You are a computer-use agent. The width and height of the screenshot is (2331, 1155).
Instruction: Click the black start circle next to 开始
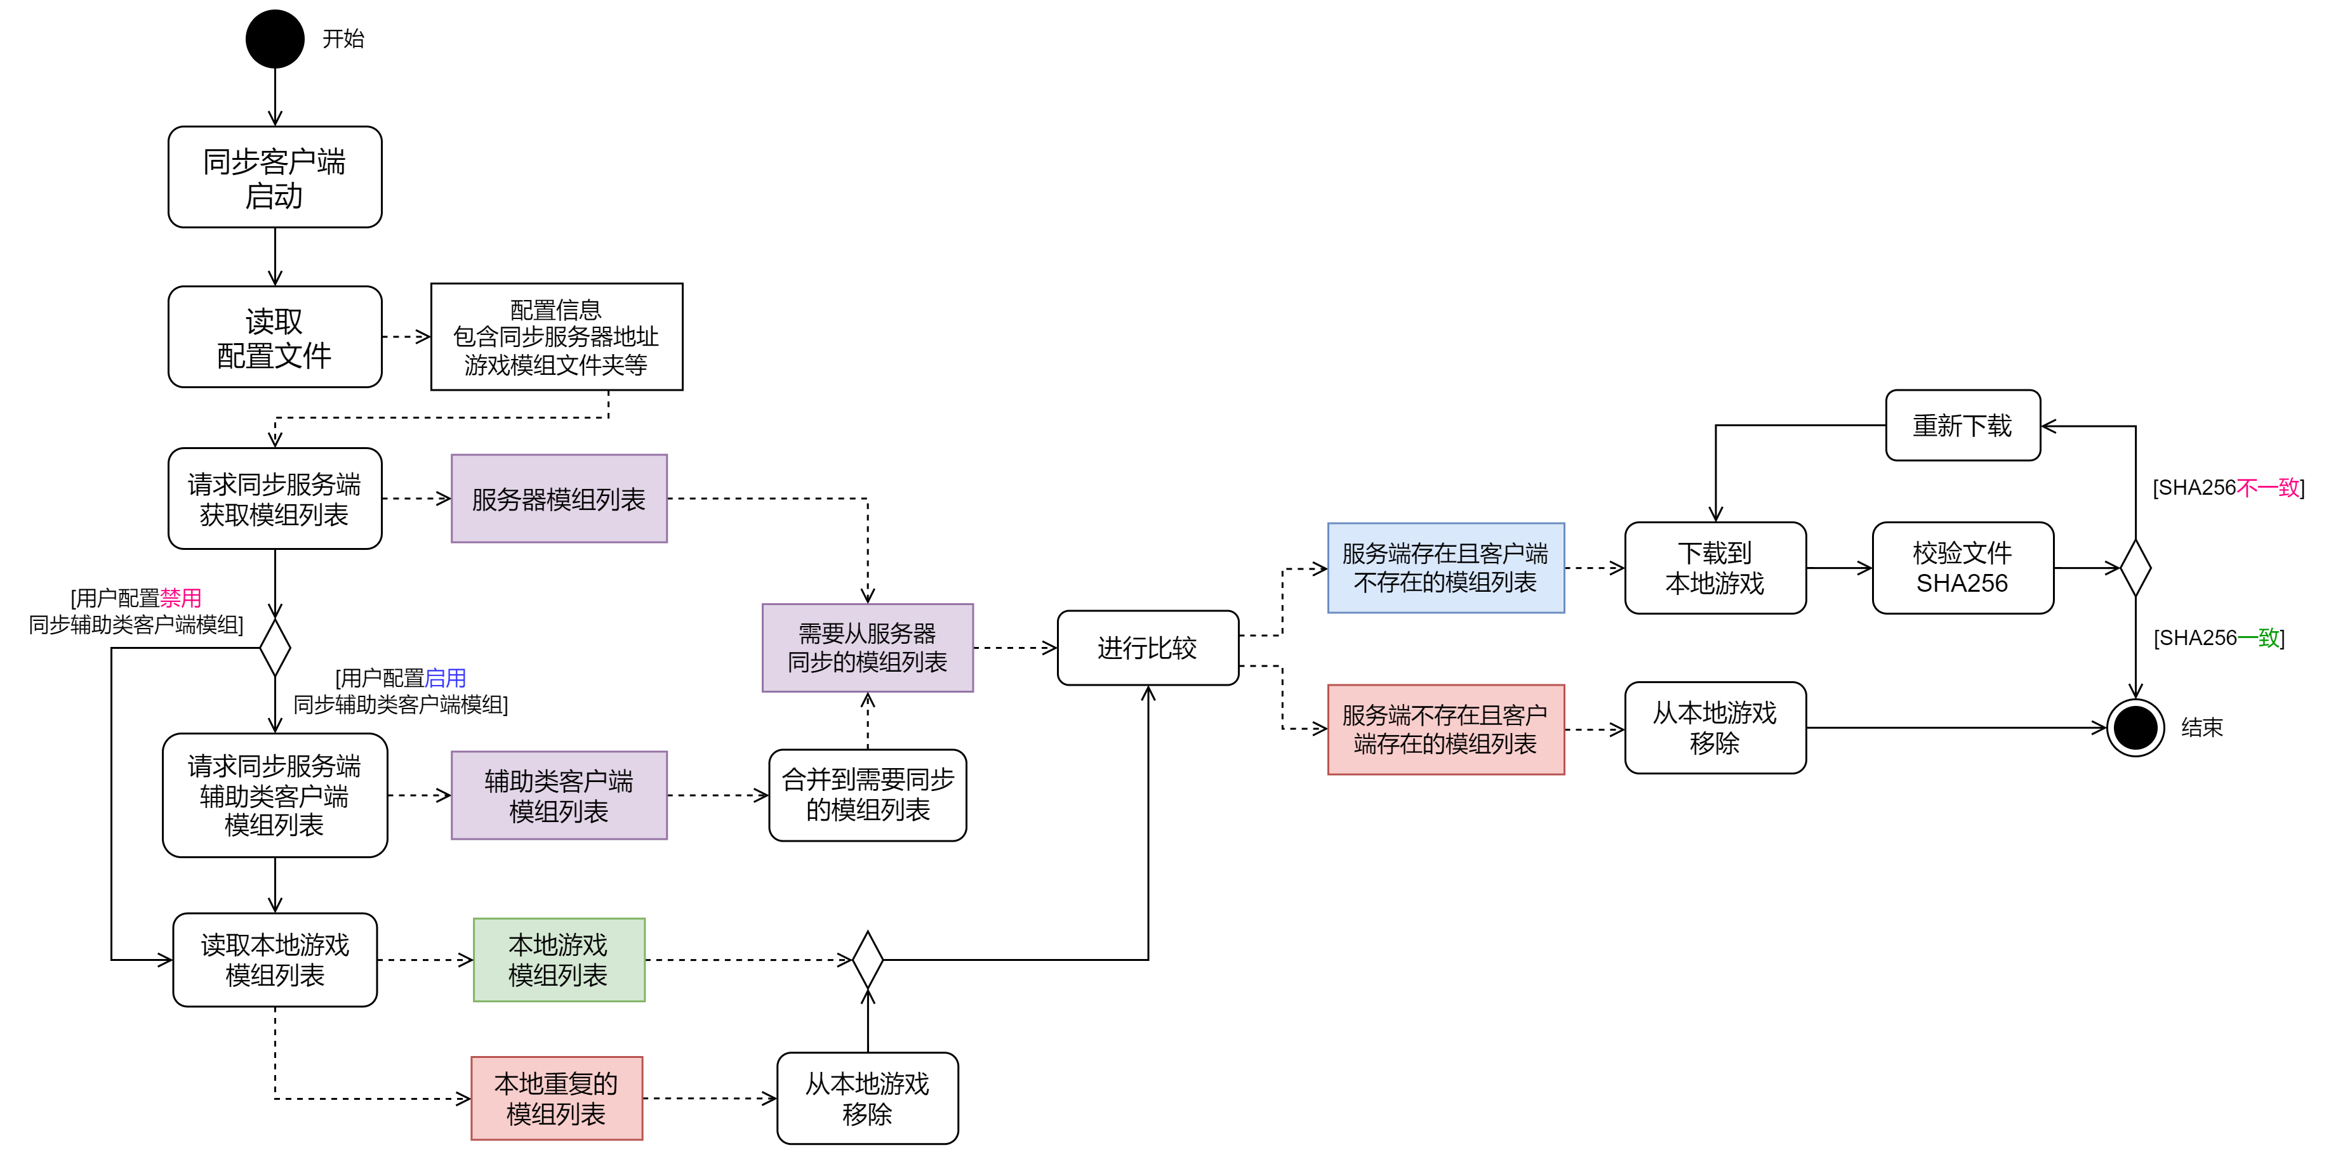[x=274, y=39]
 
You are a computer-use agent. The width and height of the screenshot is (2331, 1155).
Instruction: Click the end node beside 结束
[x=2135, y=728]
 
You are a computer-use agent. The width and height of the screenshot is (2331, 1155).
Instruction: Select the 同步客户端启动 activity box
[x=274, y=177]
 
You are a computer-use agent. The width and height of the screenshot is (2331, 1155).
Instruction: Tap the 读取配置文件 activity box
[x=274, y=337]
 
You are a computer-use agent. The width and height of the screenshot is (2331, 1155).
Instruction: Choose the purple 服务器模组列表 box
[x=559, y=499]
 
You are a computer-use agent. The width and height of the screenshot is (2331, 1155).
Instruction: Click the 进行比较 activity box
[x=1147, y=648]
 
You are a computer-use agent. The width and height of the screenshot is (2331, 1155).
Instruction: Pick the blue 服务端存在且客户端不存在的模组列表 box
[x=1445, y=568]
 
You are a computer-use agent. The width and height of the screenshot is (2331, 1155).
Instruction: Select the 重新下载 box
[x=1962, y=425]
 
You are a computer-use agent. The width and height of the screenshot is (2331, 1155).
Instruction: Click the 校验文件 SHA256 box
[x=1962, y=568]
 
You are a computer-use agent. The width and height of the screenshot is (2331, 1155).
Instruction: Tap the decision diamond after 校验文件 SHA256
[x=2135, y=568]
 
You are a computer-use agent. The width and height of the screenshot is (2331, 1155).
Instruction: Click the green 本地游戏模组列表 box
[x=559, y=960]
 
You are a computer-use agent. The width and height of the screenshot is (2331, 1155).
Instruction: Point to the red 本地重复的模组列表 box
[x=557, y=1098]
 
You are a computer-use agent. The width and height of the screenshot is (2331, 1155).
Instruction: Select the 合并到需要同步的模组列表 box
[x=867, y=795]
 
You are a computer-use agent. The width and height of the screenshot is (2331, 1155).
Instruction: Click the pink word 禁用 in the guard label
[x=180, y=598]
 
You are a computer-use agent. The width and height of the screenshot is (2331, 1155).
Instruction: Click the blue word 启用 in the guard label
[x=445, y=677]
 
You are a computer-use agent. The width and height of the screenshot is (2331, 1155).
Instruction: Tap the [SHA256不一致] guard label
[x=2228, y=488]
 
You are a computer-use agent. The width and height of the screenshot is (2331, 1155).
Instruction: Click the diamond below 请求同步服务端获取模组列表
[x=274, y=648]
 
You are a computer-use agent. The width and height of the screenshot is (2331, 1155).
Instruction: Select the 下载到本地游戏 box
[x=1715, y=568]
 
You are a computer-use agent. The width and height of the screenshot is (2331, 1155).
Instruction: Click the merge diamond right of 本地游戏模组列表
[x=867, y=960]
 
